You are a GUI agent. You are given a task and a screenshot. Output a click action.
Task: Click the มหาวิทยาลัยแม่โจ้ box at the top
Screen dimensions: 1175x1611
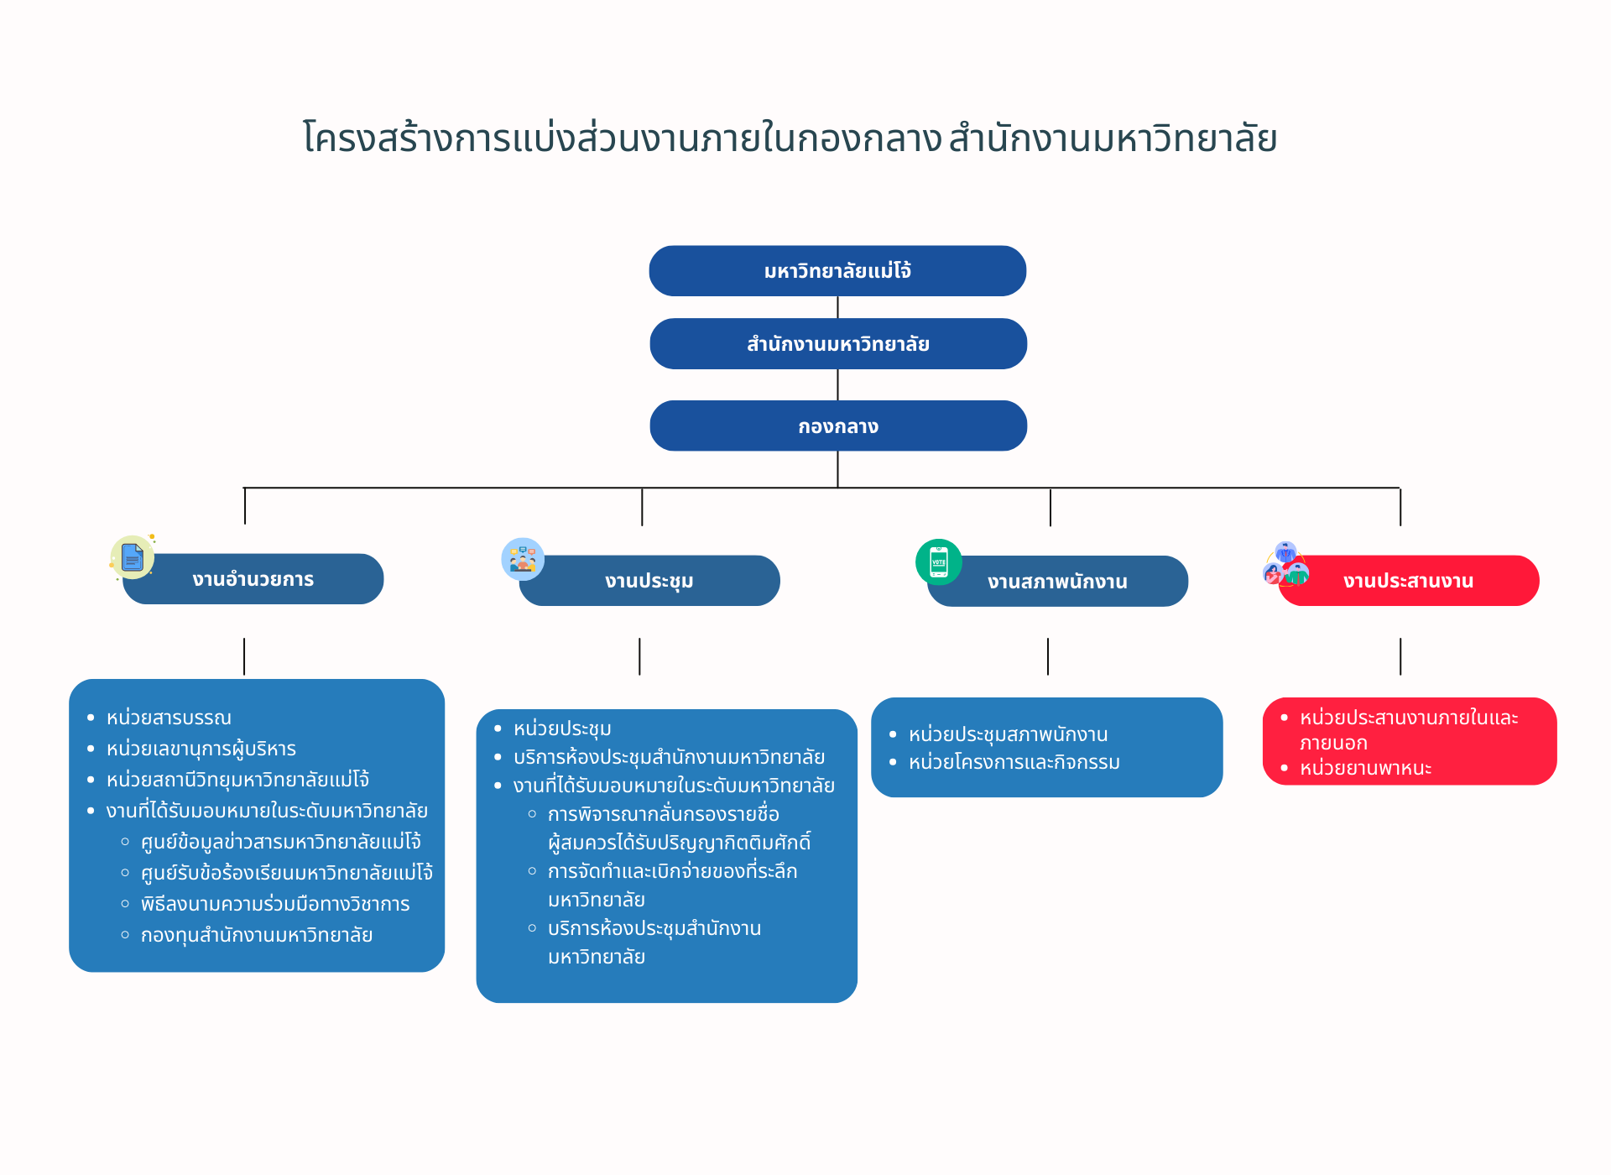click(837, 271)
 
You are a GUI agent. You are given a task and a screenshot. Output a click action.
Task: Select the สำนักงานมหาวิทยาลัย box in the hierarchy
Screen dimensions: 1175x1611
click(837, 344)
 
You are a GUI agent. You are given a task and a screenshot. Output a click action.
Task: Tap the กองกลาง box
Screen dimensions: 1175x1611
click(837, 426)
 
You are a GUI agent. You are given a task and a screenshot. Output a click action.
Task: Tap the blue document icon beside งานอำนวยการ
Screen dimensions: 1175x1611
click(133, 557)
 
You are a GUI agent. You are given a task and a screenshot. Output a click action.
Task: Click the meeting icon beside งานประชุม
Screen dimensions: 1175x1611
click(523, 559)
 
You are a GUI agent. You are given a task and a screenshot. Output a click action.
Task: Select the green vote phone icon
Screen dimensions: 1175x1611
click(939, 561)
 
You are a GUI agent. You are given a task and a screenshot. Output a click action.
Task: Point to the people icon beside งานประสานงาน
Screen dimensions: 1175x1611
click(1285, 565)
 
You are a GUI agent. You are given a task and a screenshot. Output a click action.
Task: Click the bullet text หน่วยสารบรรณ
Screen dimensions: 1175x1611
click(169, 718)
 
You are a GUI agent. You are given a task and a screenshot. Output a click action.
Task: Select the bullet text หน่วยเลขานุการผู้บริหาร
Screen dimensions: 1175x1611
click(201, 749)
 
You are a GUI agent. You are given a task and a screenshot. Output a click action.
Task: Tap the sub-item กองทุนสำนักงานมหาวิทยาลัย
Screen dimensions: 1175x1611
click(257, 936)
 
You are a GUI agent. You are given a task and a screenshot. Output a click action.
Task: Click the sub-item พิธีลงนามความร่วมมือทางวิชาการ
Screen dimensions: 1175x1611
click(275, 905)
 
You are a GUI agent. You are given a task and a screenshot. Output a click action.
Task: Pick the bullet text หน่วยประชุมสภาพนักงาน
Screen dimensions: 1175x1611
click(1008, 735)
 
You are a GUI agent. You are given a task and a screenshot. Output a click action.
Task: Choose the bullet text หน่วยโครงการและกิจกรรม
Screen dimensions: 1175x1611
click(1014, 763)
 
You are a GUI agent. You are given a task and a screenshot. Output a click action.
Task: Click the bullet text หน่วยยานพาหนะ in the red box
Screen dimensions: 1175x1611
click(1365, 769)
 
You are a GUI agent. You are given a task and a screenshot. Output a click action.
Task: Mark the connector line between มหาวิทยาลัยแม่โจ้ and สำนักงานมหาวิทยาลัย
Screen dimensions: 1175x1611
click(837, 307)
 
